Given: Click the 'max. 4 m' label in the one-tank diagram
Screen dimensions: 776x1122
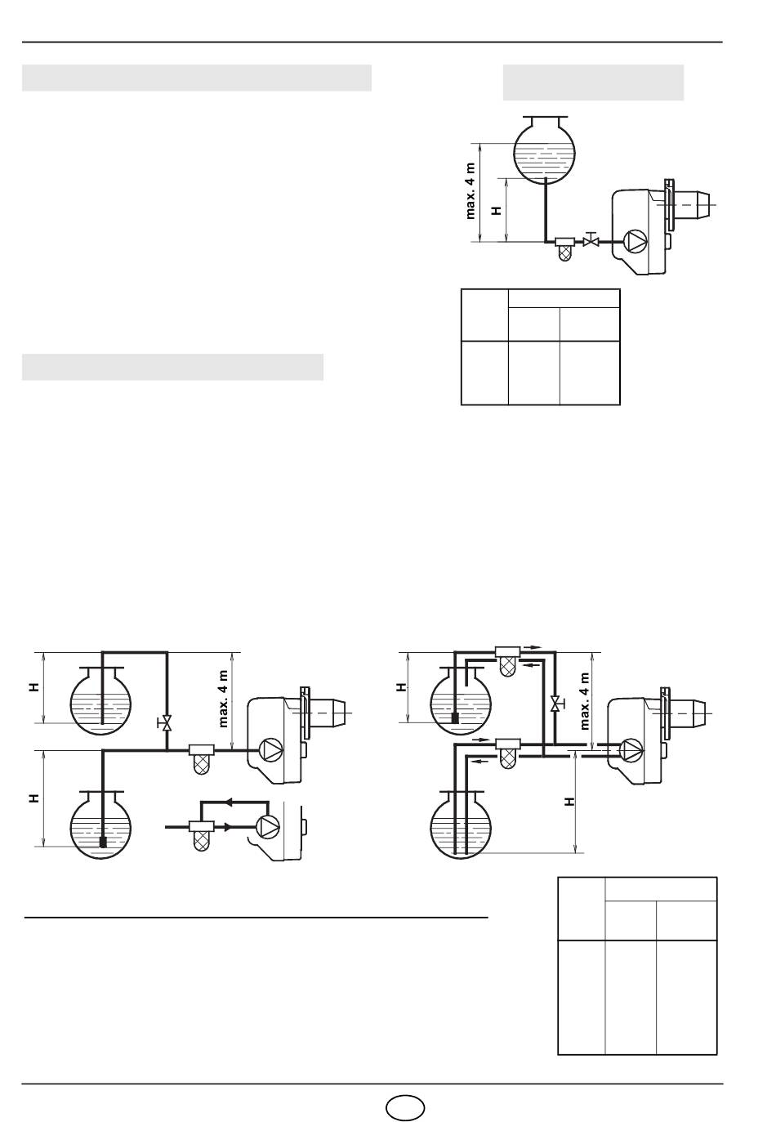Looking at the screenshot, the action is [471, 191].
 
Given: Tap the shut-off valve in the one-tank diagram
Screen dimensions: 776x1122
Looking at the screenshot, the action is [591, 240].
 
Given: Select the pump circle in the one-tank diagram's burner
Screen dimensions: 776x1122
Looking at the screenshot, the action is [635, 241].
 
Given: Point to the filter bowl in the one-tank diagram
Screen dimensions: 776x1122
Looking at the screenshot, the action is [564, 253].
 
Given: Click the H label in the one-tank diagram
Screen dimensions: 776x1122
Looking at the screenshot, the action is [496, 211].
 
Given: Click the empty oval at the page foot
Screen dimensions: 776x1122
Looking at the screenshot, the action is [405, 1107].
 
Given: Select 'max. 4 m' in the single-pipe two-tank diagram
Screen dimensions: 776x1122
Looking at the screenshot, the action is [223, 699].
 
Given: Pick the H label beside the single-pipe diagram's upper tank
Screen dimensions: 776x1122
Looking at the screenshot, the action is [33, 687].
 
